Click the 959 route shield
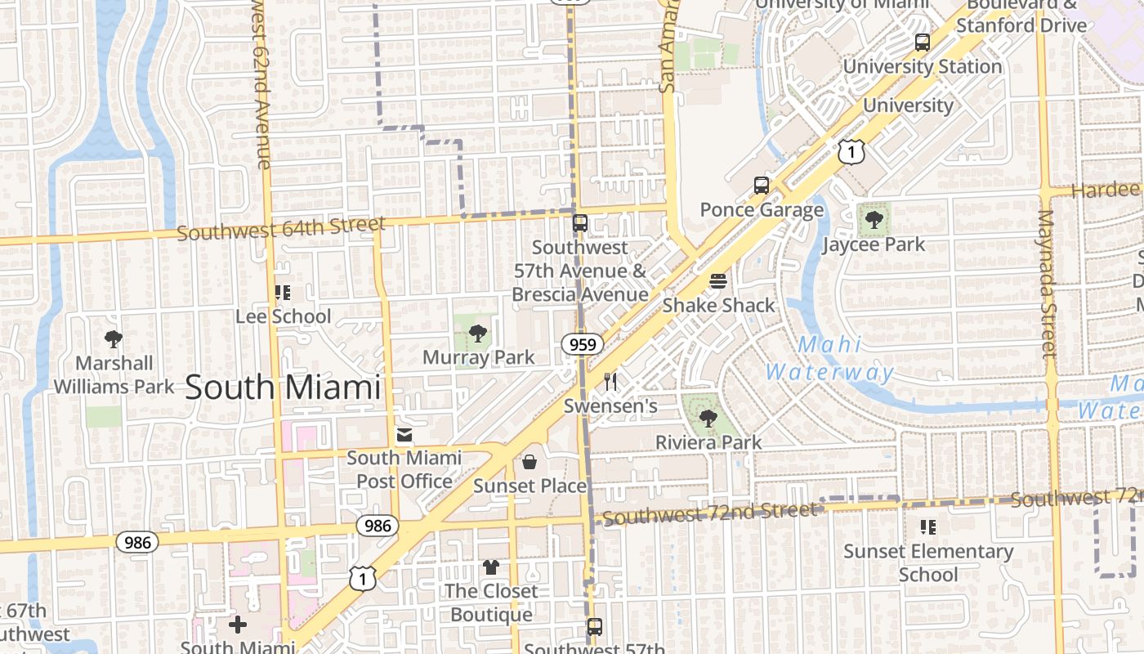point(583,344)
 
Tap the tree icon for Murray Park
point(478,334)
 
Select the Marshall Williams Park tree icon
point(114,338)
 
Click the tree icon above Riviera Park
point(708,419)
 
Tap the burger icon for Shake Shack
point(718,281)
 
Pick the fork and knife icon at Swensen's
point(610,382)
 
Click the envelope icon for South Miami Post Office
point(404,434)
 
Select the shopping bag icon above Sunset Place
point(530,462)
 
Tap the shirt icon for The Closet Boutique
point(490,567)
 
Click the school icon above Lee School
point(283,293)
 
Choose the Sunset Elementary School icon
point(927,527)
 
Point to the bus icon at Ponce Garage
point(762,186)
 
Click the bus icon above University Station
point(923,43)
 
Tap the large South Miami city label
point(283,387)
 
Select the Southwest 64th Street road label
point(280,229)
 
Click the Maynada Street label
point(1047,284)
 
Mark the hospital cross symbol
point(238,625)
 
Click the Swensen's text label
point(610,406)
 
